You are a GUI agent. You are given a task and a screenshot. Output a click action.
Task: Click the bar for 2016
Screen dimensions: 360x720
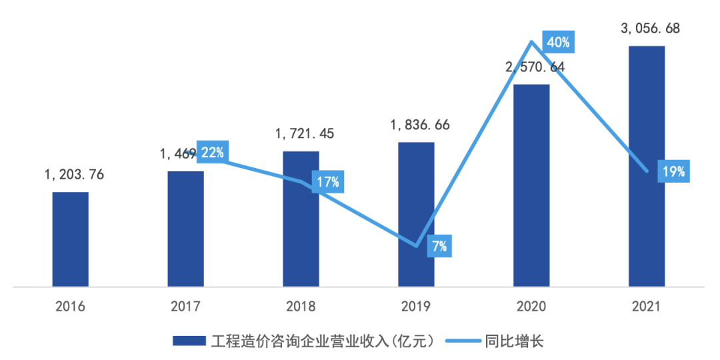coord(71,240)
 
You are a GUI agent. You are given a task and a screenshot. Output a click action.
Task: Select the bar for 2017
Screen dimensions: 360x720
coord(186,229)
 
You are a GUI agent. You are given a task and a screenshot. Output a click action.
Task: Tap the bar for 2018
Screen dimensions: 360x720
coord(301,219)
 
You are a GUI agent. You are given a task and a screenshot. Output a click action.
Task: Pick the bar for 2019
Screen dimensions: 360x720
coord(416,215)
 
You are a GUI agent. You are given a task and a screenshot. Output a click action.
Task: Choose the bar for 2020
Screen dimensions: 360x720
coord(531,186)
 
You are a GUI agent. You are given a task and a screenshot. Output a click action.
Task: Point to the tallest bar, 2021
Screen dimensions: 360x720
coord(647,167)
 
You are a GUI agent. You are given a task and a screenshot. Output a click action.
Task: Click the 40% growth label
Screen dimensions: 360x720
coord(558,43)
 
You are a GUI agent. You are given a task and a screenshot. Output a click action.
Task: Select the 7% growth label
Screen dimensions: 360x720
coord(439,247)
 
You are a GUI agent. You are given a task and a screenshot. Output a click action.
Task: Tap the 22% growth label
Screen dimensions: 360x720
coord(212,152)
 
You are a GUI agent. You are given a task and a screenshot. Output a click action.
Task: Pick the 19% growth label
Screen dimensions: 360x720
coord(673,171)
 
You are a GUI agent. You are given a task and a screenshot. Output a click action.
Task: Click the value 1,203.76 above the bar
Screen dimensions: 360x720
coord(75,175)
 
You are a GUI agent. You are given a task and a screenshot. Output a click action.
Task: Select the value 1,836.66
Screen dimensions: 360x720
coord(420,125)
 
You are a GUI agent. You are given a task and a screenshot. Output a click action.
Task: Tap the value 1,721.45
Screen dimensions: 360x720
coord(305,134)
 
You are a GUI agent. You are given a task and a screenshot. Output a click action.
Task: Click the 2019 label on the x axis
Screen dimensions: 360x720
coord(416,307)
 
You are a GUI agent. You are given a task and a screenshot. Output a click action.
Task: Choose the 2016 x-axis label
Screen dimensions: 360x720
coord(71,307)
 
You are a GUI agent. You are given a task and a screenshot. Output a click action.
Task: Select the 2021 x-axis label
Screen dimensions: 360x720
coord(647,307)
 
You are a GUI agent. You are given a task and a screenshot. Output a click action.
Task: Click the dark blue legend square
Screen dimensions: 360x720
coord(190,341)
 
